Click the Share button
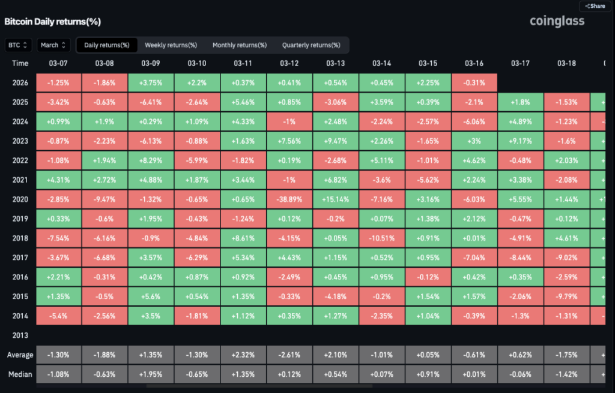pos(595,6)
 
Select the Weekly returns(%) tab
pos(171,45)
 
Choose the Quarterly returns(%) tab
pos(311,45)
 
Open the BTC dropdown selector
pos(19,45)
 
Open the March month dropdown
pos(53,45)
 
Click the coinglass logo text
pos(557,22)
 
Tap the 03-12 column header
pos(289,63)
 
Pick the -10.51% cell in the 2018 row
pos(382,238)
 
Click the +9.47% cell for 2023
pos(336,141)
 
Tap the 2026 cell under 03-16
pos(474,83)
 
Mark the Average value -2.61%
pos(289,355)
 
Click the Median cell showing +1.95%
pos(151,374)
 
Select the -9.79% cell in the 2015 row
pos(566,296)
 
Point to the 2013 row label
pos(20,335)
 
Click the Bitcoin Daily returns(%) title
pos(53,22)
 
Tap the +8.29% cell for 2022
pos(151,160)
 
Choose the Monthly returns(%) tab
pos(240,45)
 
